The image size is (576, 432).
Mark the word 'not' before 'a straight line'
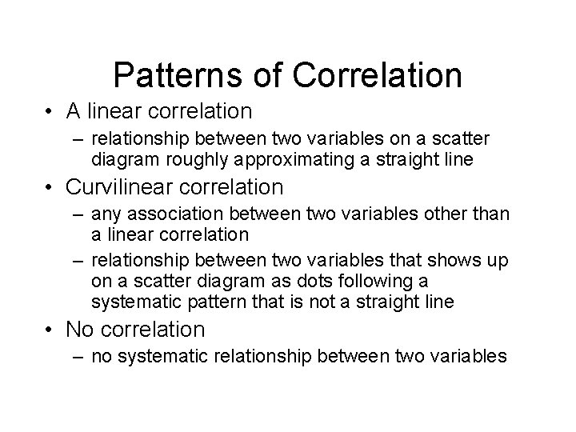pos(323,302)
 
